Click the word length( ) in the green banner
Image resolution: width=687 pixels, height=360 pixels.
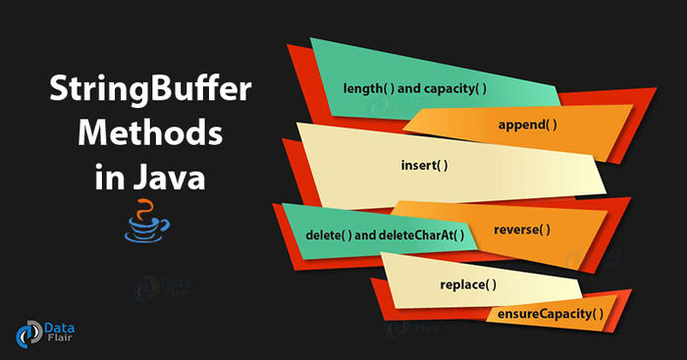368,88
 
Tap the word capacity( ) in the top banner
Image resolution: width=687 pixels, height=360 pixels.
455,88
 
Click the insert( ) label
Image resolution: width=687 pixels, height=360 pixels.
424,164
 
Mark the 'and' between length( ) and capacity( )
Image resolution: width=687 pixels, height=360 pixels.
408,88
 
